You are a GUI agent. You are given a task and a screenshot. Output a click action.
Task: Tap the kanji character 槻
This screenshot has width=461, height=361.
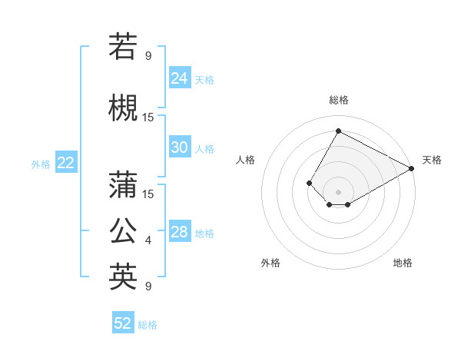(123, 108)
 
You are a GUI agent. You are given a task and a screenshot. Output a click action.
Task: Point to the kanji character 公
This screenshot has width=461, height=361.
(123, 230)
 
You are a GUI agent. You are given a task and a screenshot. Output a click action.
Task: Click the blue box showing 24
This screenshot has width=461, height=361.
(180, 78)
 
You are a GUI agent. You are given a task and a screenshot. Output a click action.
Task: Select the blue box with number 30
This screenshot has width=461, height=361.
(180, 147)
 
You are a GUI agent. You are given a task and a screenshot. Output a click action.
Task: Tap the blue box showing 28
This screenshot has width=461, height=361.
(180, 232)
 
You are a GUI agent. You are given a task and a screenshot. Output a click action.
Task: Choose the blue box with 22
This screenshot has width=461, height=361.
(66, 162)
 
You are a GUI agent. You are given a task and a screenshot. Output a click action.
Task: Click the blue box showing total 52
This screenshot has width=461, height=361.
(123, 323)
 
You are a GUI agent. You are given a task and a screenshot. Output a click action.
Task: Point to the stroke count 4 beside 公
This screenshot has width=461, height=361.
(148, 240)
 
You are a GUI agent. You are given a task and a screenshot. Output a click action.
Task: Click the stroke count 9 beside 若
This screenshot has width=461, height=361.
(148, 55)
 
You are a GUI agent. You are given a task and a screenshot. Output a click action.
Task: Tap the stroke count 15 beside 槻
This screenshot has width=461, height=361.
(148, 117)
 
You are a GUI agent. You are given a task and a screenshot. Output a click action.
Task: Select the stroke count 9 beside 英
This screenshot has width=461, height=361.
(148, 286)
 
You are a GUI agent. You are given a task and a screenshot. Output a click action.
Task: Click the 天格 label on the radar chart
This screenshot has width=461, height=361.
(432, 160)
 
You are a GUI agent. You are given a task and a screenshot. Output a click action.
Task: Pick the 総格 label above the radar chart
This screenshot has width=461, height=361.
(338, 100)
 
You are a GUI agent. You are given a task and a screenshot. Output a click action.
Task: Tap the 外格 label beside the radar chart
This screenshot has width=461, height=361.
(270, 263)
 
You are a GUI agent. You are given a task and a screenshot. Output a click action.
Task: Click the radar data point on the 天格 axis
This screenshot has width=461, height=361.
(412, 168)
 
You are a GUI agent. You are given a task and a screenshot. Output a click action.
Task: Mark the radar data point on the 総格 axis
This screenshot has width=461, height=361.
(338, 131)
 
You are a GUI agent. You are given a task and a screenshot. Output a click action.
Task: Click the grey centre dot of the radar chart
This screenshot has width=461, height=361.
(338, 191)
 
